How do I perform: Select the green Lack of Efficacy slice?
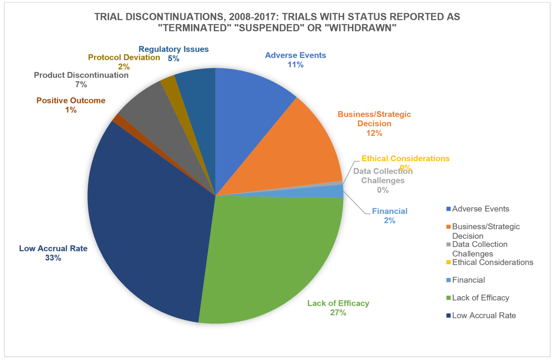coord(269,262)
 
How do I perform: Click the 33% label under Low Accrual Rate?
coord(53,258)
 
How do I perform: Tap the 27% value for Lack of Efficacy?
coord(338,313)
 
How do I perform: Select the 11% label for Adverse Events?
coord(295,65)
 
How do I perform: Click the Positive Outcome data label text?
coord(71,100)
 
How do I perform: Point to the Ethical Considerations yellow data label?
coord(405,158)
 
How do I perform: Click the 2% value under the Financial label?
coord(389,220)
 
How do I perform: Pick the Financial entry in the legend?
coord(468,280)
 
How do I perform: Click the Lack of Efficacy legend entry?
coord(481,298)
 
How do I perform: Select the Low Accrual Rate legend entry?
coord(484,315)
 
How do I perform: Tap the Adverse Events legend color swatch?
coord(448,209)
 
